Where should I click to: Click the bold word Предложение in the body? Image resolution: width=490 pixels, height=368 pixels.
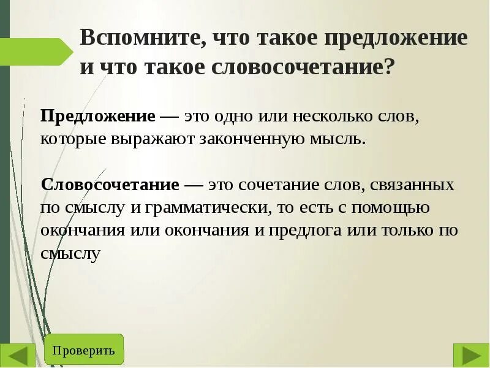[97, 117]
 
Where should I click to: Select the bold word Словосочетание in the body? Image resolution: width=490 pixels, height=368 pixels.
[110, 185]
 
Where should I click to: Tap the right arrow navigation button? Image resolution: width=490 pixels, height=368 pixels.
[470, 355]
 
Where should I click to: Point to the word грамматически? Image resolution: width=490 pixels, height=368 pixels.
[208, 208]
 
